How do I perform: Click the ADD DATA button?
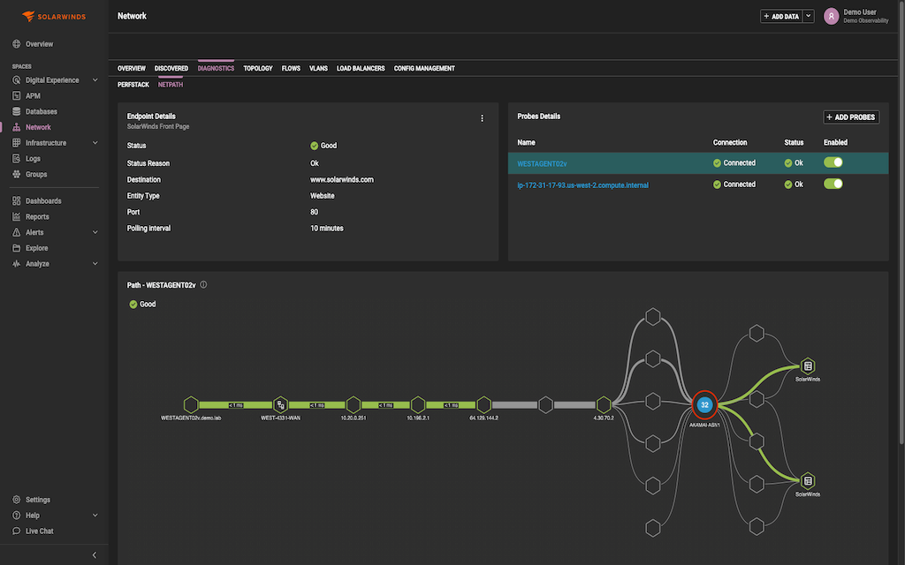tap(781, 16)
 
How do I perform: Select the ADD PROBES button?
tap(851, 117)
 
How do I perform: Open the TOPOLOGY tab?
tap(258, 68)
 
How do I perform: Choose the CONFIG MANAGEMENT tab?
tap(424, 68)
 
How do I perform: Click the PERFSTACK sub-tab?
tap(133, 85)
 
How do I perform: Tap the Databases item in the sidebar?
tap(41, 112)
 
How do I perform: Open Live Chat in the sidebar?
tap(39, 531)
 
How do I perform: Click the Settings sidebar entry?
tap(38, 500)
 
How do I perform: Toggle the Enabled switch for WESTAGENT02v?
tap(833, 162)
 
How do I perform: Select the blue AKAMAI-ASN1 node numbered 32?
tap(704, 404)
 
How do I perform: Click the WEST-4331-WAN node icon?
tap(280, 404)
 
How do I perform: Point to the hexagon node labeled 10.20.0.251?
tap(354, 404)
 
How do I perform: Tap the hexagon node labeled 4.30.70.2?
tap(604, 404)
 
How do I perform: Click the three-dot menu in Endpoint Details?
tap(482, 118)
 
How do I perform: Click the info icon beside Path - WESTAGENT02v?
tap(204, 285)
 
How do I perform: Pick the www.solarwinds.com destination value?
tap(341, 179)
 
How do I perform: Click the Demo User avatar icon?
tap(831, 16)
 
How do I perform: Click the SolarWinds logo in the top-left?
tap(54, 16)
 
